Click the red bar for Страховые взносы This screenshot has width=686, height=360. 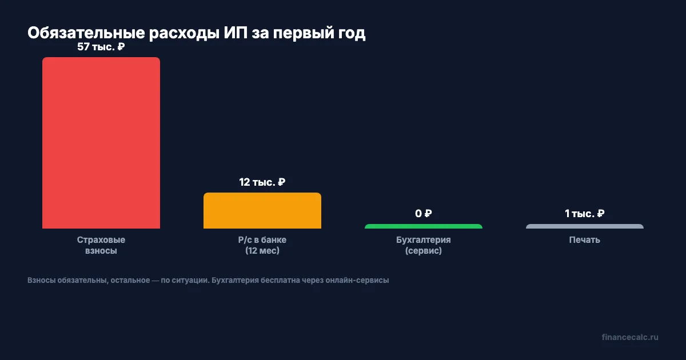[101, 143]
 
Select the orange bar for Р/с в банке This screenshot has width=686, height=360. [262, 211]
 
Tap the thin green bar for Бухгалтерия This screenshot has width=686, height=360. [424, 226]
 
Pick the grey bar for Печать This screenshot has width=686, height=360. [585, 226]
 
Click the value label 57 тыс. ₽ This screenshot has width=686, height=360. [101, 47]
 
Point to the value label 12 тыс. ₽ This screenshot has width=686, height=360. [262, 182]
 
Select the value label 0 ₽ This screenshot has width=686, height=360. [424, 214]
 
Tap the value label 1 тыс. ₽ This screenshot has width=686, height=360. [585, 214]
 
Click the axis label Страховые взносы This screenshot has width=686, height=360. [101, 245]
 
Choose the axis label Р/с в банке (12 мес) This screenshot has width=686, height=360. [262, 245]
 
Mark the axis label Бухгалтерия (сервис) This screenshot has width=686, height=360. [424, 245]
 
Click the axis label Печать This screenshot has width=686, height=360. [585, 240]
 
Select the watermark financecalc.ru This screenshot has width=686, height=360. [630, 337]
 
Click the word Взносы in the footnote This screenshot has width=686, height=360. [41, 281]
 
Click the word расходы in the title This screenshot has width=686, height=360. [180, 33]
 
